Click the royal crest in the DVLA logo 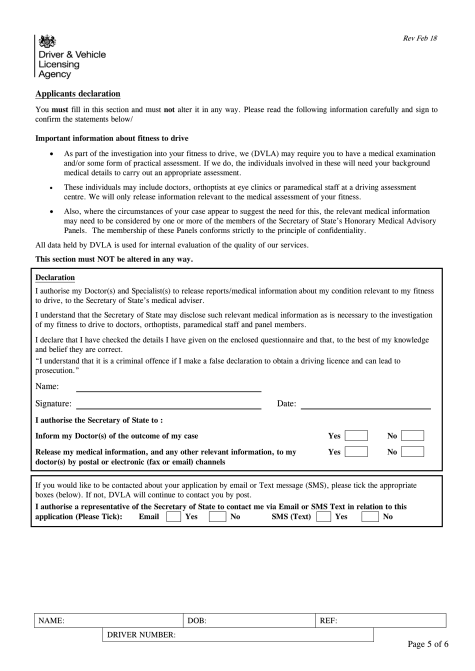[47, 41]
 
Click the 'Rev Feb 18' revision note [419, 38]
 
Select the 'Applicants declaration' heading [77, 93]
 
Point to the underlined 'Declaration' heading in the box [55, 277]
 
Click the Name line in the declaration [168, 386]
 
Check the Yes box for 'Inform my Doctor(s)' [356, 435]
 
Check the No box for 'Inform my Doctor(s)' [412, 435]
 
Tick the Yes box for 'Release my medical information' [356, 451]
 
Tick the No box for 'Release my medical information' [412, 451]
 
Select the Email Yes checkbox [173, 516]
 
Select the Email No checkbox [217, 516]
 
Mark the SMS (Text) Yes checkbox [323, 516]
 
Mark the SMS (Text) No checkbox [369, 516]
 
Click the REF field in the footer [380, 620]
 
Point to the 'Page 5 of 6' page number [427, 644]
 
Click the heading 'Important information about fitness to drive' [111, 138]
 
